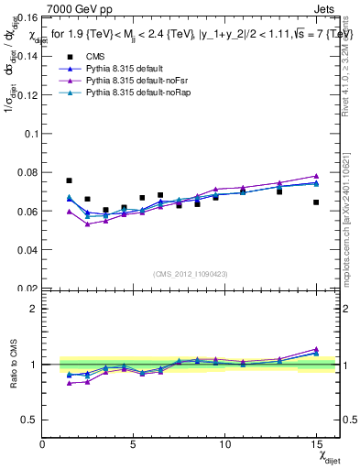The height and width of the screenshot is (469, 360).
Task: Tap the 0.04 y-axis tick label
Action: tap(27, 250)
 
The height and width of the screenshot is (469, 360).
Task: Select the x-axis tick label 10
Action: tap(224, 444)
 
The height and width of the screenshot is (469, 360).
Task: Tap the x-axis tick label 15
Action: tap(316, 444)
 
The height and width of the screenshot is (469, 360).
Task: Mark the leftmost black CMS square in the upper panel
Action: tap(70, 180)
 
